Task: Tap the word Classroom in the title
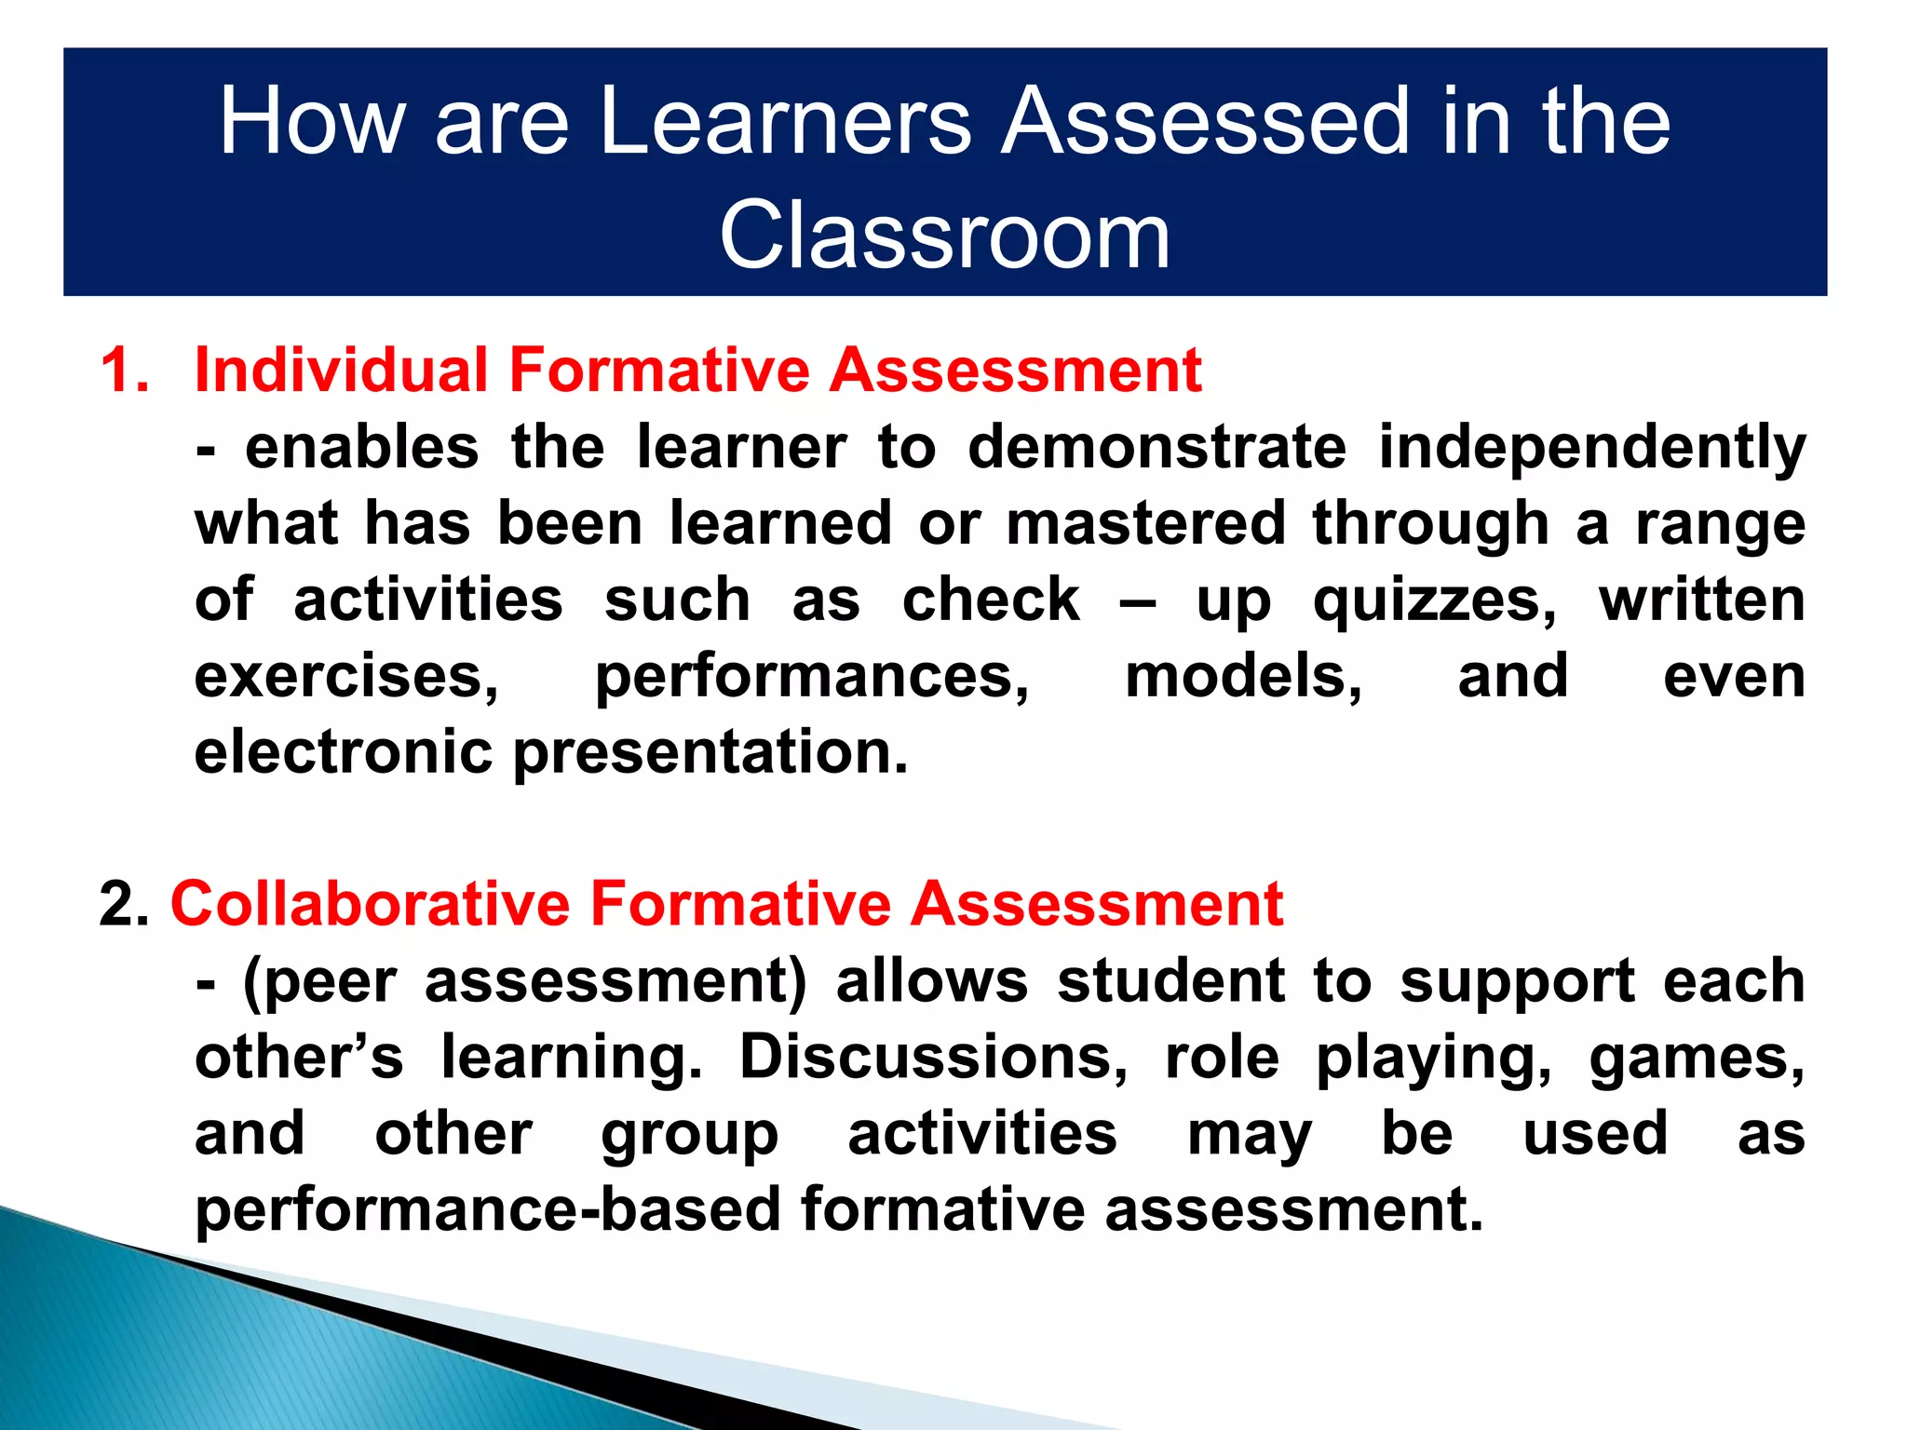(944, 236)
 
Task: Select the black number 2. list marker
(124, 904)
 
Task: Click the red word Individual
(341, 370)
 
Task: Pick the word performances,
(812, 678)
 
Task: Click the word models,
(1243, 676)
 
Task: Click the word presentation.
(710, 754)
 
